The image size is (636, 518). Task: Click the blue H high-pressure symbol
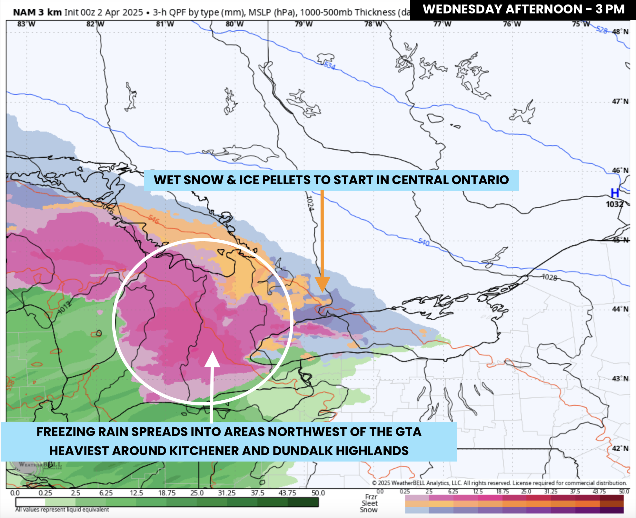click(x=615, y=193)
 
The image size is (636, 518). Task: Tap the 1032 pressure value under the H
click(x=614, y=204)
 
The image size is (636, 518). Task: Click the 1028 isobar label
click(x=549, y=277)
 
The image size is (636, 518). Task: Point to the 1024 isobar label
click(x=310, y=203)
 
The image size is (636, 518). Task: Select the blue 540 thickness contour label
click(x=424, y=242)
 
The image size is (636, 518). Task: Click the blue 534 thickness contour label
click(x=330, y=65)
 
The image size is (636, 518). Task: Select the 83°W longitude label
click(x=26, y=24)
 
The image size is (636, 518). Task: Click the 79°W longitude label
click(x=303, y=24)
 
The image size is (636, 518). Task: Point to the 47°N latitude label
click(x=620, y=102)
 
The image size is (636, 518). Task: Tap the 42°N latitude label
click(x=620, y=449)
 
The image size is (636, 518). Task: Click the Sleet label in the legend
click(x=369, y=503)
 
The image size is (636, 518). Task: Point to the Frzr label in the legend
click(x=371, y=497)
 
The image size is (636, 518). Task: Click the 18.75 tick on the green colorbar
click(x=167, y=493)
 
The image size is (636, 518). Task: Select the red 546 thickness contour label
click(x=154, y=219)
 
